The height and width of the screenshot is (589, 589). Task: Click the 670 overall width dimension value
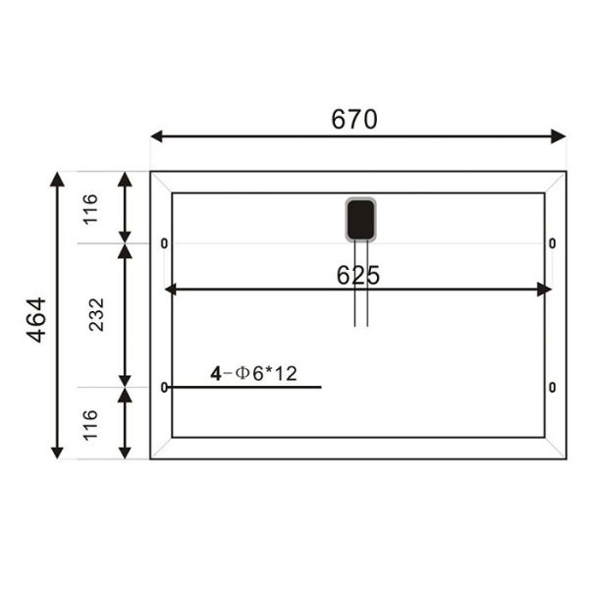pos(354,120)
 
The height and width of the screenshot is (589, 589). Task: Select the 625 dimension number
pos(358,276)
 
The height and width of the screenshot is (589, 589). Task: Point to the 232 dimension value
pos(96,315)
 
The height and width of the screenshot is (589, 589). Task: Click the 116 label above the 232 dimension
pos(90,208)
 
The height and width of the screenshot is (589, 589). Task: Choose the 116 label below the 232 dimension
pos(90,424)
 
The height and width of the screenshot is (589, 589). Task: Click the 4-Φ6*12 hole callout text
pos(253,373)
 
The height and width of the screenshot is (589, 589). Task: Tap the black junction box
pos(360,219)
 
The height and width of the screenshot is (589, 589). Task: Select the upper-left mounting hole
pos(164,242)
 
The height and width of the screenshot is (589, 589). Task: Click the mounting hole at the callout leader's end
pos(164,388)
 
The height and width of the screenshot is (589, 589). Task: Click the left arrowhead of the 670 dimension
pos(157,136)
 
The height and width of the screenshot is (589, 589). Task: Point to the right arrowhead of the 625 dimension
pos(545,289)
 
